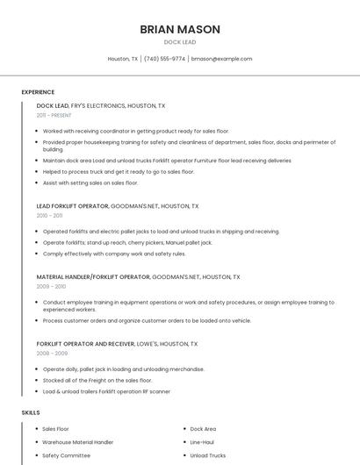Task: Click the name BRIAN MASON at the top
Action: point(180,29)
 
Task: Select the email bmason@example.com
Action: point(221,59)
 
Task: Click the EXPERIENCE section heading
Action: point(38,92)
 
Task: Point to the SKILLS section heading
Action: point(31,412)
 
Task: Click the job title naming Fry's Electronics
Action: point(101,105)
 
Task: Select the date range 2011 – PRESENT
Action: point(54,115)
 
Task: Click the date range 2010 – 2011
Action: point(49,216)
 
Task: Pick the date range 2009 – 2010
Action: point(51,286)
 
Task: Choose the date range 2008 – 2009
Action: point(51,354)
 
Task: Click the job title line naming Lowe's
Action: point(117,344)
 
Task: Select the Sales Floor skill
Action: point(57,429)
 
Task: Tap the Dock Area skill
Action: point(203,429)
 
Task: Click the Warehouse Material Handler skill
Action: point(78,442)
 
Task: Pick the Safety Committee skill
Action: point(67,455)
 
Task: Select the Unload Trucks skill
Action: point(207,455)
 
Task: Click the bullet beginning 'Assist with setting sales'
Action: point(90,182)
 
